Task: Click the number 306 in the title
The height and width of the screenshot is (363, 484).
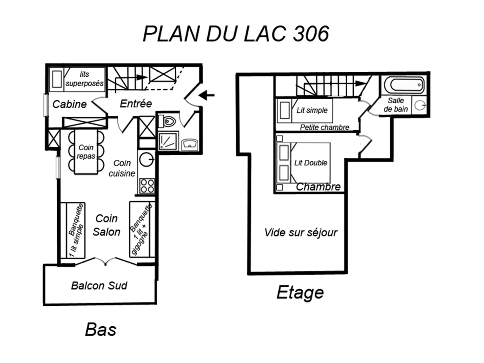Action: coord(311,34)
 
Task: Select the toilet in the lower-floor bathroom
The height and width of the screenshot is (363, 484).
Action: coord(169,120)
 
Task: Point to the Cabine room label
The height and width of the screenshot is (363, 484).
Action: coord(70,104)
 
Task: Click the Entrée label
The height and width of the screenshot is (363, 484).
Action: coord(136,104)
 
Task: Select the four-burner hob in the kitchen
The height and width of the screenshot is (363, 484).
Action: coord(147,186)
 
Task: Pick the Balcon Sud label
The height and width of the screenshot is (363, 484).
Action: coord(99,286)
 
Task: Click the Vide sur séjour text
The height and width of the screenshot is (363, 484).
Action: coord(301,233)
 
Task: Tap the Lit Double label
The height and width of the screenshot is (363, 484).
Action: coord(311,163)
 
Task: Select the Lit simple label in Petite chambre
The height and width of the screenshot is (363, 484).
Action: coord(312,111)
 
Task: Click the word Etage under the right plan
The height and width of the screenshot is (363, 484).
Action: coord(300,293)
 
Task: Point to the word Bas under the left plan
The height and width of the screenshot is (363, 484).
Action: coord(100,330)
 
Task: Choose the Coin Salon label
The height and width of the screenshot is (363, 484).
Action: coord(106,225)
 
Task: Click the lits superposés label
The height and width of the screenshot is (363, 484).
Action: coord(85,79)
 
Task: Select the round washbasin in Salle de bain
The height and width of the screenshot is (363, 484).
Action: coord(420,105)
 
